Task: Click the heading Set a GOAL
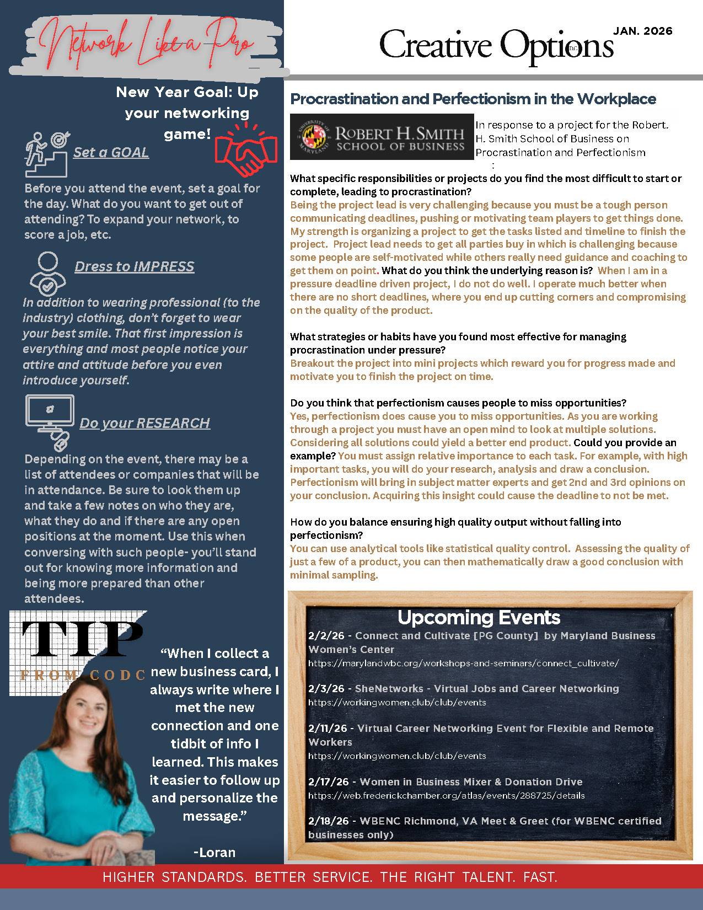coord(111,152)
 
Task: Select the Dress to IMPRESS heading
coord(135,266)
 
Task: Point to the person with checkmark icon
coord(47,274)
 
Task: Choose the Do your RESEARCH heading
coord(145,423)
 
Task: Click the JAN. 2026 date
coord(643,31)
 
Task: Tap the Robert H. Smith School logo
coord(382,137)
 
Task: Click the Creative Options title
coord(496,45)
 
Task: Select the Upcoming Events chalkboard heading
coord(479,617)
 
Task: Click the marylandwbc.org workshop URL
coord(463,663)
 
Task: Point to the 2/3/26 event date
coord(326,688)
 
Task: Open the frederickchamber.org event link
coord(446,795)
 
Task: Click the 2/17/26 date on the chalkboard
coord(328,781)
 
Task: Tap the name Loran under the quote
coord(214,852)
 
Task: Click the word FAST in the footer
coord(540,877)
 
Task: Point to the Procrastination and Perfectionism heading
coord(473,99)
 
